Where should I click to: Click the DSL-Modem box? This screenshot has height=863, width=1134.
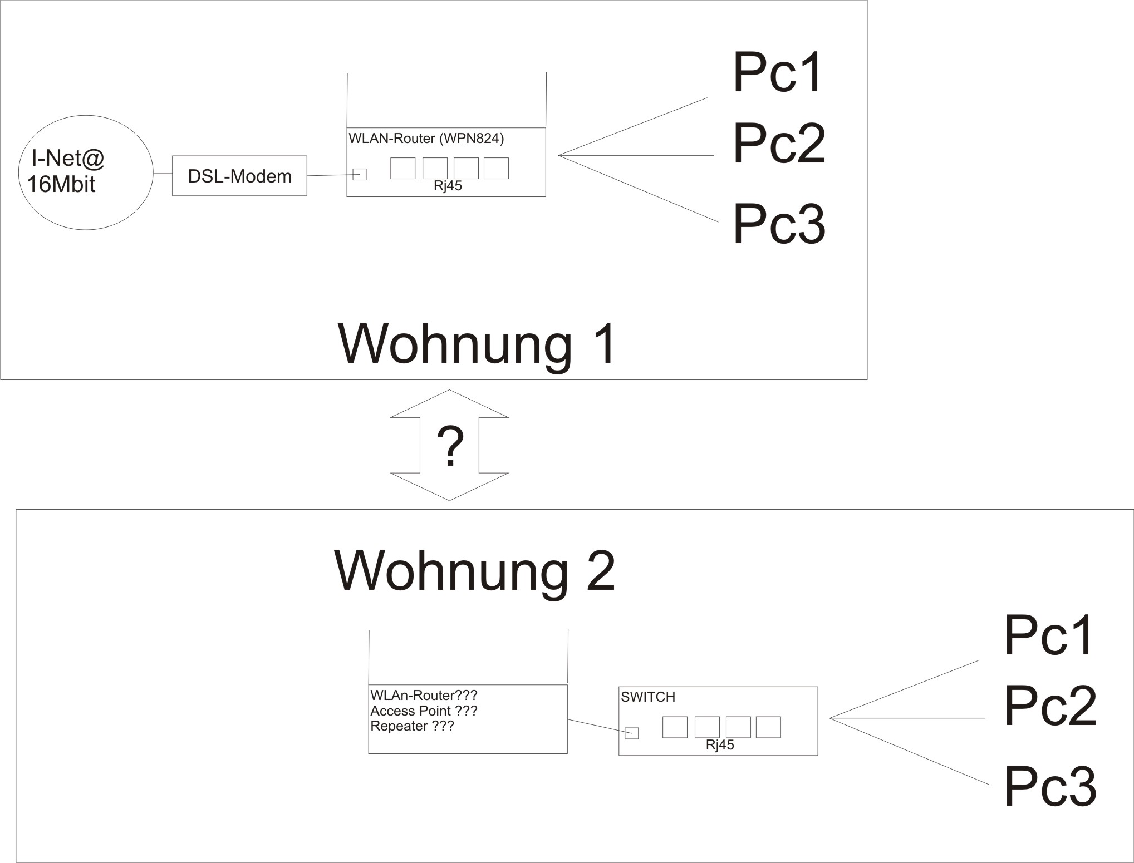[239, 176]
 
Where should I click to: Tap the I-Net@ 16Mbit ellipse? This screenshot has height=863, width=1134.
[86, 172]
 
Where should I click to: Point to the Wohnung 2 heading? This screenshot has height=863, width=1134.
[474, 571]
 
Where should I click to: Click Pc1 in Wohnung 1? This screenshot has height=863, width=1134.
[777, 73]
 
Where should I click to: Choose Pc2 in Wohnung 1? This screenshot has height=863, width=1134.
[778, 144]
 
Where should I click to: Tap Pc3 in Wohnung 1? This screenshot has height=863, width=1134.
[778, 224]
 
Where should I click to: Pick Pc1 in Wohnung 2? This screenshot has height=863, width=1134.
[1049, 635]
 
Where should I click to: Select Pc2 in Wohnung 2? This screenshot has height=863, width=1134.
[1050, 706]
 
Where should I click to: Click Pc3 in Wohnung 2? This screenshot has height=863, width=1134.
[1050, 787]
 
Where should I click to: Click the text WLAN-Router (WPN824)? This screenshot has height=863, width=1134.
[426, 139]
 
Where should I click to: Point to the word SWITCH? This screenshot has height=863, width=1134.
[647, 697]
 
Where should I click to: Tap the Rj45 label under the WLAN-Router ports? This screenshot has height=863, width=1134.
[448, 186]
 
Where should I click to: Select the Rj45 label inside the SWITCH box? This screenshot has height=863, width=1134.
[719, 746]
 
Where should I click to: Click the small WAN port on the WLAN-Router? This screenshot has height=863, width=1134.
[360, 174]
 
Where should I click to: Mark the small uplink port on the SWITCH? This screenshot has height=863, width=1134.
[631, 733]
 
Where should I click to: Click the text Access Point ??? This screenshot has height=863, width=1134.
[424, 711]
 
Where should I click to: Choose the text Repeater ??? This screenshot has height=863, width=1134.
[412, 726]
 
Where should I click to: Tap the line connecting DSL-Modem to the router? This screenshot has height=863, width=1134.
[330, 176]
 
